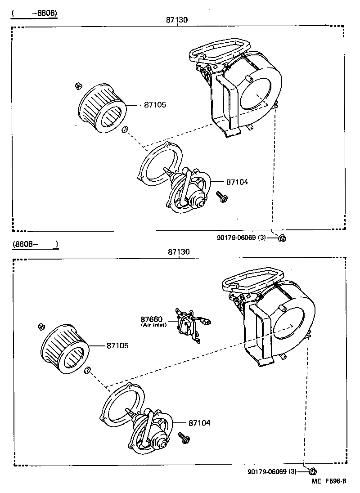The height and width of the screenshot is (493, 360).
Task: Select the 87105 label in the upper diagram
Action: pos(155,105)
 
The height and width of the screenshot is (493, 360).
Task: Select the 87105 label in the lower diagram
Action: pos(117,346)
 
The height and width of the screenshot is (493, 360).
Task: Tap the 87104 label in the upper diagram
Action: pos(237,182)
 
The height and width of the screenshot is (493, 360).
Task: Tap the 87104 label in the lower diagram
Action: pos(199,423)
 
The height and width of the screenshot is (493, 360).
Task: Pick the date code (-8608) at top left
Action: pos(35,13)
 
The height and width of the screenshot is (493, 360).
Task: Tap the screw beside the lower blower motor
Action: pos(184,437)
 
